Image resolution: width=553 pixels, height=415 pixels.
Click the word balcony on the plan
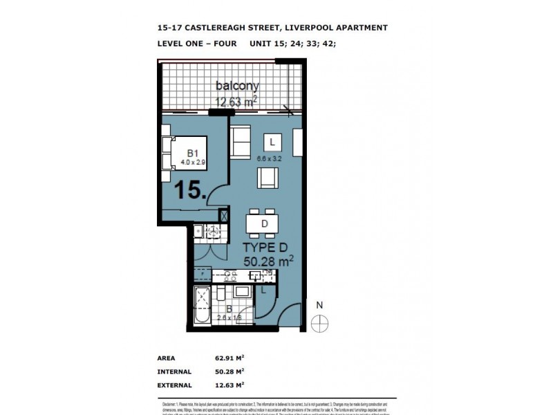(x=237, y=86)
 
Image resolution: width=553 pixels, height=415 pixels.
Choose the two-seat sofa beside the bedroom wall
(x=241, y=142)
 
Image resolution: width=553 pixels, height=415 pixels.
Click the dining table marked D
(x=264, y=223)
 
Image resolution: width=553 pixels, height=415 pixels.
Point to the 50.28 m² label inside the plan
(x=269, y=261)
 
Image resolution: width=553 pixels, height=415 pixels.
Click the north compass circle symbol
(x=319, y=323)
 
